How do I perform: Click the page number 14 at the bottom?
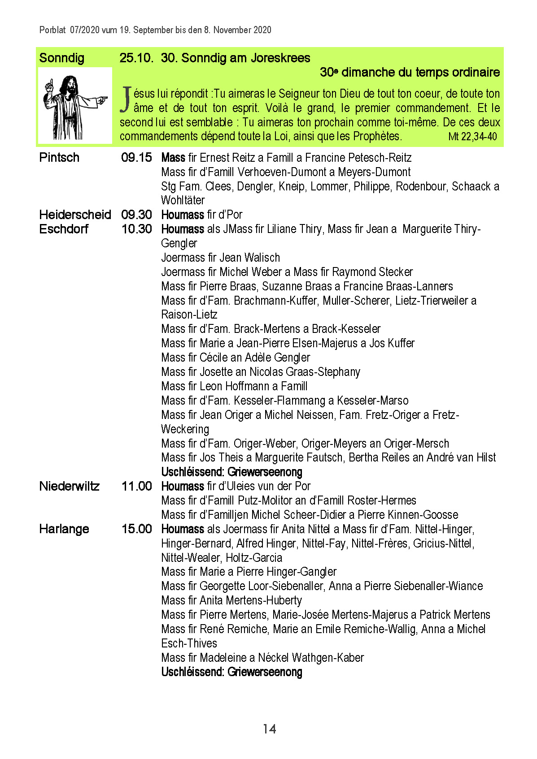[269, 729]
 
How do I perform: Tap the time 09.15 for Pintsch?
[136, 158]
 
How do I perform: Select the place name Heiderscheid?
[75, 215]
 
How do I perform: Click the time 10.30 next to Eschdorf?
[136, 229]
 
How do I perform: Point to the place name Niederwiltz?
[69, 486]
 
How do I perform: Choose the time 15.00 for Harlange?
[136, 529]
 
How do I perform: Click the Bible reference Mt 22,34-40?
[472, 137]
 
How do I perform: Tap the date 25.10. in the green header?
[136, 58]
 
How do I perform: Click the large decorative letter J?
[126, 99]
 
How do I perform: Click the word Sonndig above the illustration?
[61, 58]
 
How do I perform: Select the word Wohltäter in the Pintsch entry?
[183, 200]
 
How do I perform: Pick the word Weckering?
[185, 429]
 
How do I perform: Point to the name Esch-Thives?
[189, 643]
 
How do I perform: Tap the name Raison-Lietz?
[189, 315]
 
